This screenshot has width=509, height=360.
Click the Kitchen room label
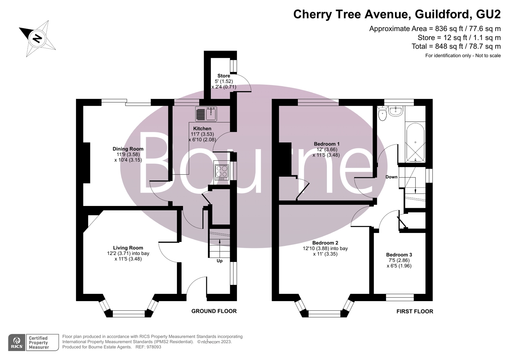coord(202,129)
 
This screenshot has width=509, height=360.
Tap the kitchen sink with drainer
coord(206,114)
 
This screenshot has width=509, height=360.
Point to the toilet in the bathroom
coord(383,113)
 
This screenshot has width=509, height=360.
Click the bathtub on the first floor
coord(415,143)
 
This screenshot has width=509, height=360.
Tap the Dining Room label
coord(128,149)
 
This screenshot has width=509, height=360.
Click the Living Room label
coord(128,248)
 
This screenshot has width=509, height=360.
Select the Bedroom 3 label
coord(399,255)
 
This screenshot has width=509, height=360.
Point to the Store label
coord(223,76)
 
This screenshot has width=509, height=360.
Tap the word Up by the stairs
coord(220,261)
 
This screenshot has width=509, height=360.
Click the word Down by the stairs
coord(392,177)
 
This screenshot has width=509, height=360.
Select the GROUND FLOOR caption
coord(214,311)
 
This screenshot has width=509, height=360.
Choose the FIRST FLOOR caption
coord(415,311)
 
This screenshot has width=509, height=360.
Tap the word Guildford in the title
coord(442,14)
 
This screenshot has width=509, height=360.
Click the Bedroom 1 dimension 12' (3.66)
coord(327,150)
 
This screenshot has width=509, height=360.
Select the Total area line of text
coord(456,46)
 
